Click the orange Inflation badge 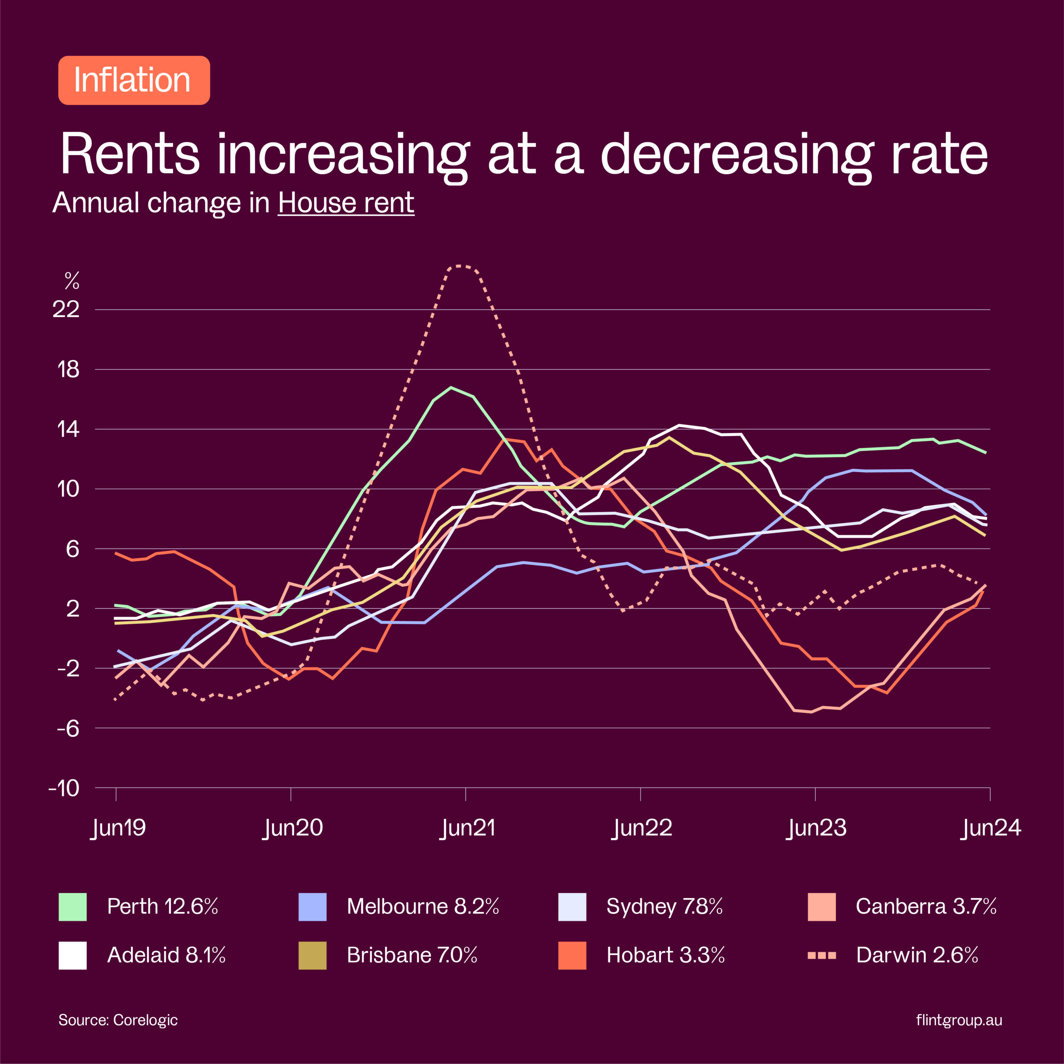[134, 80]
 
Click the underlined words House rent [346, 203]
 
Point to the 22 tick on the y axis [66, 310]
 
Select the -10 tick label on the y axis [64, 788]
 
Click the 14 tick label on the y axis [68, 429]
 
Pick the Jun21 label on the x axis [468, 828]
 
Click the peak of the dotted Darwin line [461, 266]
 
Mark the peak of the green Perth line [451, 387]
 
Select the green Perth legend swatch [73, 907]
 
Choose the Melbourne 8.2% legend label [422, 906]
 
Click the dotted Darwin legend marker [821, 955]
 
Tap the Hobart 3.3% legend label [665, 955]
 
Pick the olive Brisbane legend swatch [312, 956]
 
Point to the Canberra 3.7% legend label [926, 906]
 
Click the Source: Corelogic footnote [118, 1020]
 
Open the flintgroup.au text [959, 1020]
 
